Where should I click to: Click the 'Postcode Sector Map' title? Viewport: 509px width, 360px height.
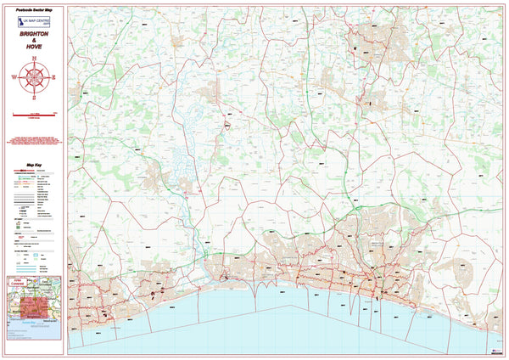34,10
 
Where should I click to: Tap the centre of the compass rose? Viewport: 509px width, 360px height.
34,77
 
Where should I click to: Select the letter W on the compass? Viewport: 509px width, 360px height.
15,77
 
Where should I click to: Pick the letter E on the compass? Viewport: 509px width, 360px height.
53,77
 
